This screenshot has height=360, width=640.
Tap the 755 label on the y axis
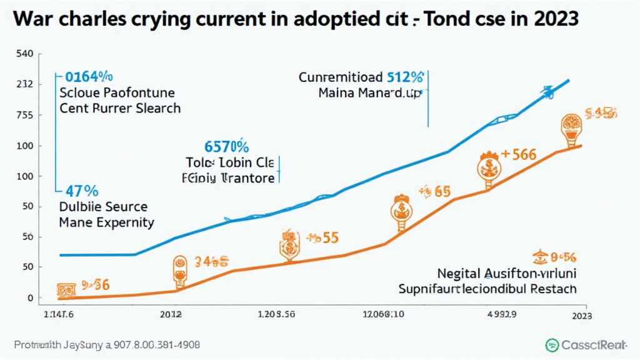coord(23,115)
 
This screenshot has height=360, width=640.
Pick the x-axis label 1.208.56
coord(277,314)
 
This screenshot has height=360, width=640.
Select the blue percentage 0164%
coord(89,77)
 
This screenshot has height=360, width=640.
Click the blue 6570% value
coord(227,147)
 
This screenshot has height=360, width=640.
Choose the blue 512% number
coord(406,78)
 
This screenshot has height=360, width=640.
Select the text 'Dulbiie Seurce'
coord(103,207)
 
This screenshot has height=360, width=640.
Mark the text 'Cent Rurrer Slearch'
coord(120,108)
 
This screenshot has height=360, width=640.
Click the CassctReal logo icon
coord(552,345)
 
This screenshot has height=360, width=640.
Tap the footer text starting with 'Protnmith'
coord(110,345)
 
